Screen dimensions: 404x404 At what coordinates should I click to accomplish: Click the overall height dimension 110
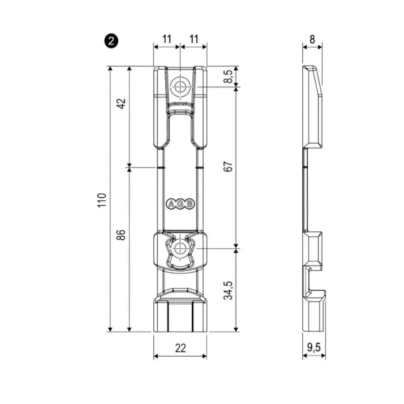(x=102, y=200)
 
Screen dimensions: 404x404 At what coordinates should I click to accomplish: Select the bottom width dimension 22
(x=180, y=348)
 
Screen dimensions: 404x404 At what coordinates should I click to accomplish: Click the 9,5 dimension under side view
(x=314, y=348)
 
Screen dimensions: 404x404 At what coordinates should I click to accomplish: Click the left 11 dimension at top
(x=167, y=39)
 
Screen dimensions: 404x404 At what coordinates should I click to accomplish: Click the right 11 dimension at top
(x=193, y=39)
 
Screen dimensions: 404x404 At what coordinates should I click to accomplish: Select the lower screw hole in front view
(x=180, y=249)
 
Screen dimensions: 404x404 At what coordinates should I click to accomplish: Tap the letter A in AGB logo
(x=171, y=204)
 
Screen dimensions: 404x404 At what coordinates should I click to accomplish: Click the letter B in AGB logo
(x=189, y=204)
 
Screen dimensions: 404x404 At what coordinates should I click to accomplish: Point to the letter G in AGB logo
(x=180, y=204)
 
